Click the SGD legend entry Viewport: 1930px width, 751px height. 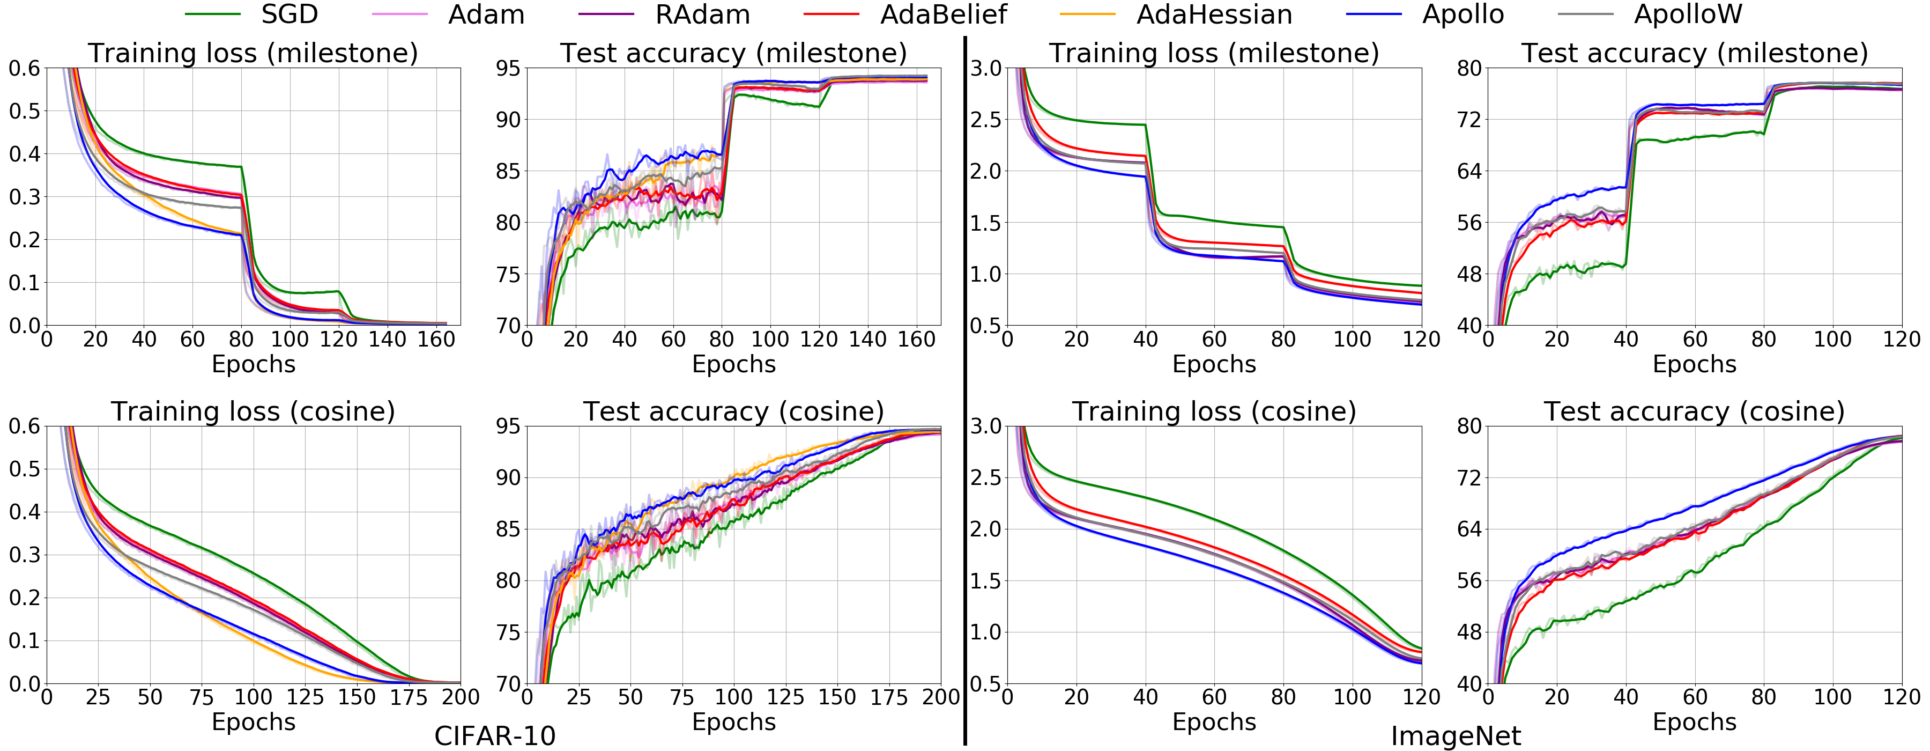coord(288,14)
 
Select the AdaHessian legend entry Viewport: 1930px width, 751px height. coord(1214,14)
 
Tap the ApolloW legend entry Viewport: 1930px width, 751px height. coord(1688,14)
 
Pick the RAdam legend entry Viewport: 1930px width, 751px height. coord(702,14)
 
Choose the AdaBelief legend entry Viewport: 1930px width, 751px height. coord(943,14)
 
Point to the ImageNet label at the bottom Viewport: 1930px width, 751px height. coord(1456,736)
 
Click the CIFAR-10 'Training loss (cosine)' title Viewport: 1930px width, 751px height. coord(253,411)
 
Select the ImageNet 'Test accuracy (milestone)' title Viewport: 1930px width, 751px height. coord(1694,53)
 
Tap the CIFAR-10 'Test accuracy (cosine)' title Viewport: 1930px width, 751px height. coord(733,411)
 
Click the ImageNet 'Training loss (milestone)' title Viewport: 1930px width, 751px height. coord(1214,53)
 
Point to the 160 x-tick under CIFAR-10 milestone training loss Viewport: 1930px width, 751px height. coord(436,340)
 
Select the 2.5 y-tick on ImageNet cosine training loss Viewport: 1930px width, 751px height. coord(986,477)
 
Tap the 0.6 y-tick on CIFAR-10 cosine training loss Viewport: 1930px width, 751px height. coord(24,426)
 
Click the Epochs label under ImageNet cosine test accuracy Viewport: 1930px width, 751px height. coord(1694,722)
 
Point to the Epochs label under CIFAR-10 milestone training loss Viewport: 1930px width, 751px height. coord(253,364)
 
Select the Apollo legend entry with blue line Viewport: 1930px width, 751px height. coord(1463,14)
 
